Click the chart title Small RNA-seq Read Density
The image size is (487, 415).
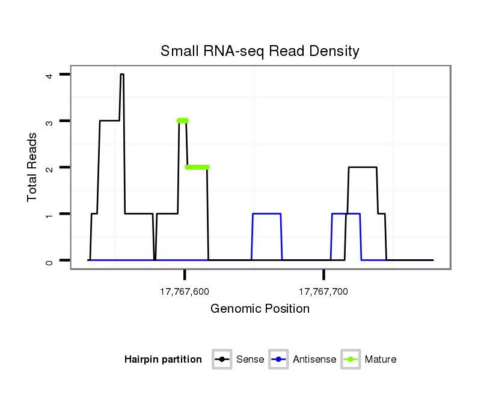pyautogui.click(x=260, y=51)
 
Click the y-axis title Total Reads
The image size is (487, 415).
pyautogui.click(x=33, y=167)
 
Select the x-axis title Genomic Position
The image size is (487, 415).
pyautogui.click(x=260, y=309)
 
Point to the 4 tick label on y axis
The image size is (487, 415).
pyautogui.click(x=49, y=75)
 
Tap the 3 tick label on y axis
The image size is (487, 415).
pyautogui.click(x=49, y=121)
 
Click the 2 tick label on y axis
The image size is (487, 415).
pyautogui.click(x=49, y=167)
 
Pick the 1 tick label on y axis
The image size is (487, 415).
pyautogui.click(x=49, y=214)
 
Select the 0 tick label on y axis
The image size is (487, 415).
pyautogui.click(x=49, y=260)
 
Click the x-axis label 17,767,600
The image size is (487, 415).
pyautogui.click(x=185, y=292)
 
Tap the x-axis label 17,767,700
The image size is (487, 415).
pyautogui.click(x=323, y=292)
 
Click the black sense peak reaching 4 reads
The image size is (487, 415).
pyautogui.click(x=122, y=75)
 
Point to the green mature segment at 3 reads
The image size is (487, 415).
pyautogui.click(x=183, y=121)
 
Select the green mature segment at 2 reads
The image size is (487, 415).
pyautogui.click(x=197, y=167)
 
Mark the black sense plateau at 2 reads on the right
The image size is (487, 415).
pyautogui.click(x=363, y=167)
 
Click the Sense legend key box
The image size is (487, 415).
pyautogui.click(x=222, y=360)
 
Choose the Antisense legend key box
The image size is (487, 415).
pyautogui.click(x=279, y=360)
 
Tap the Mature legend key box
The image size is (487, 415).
pyautogui.click(x=351, y=360)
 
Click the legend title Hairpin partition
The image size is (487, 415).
pyautogui.click(x=163, y=360)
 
